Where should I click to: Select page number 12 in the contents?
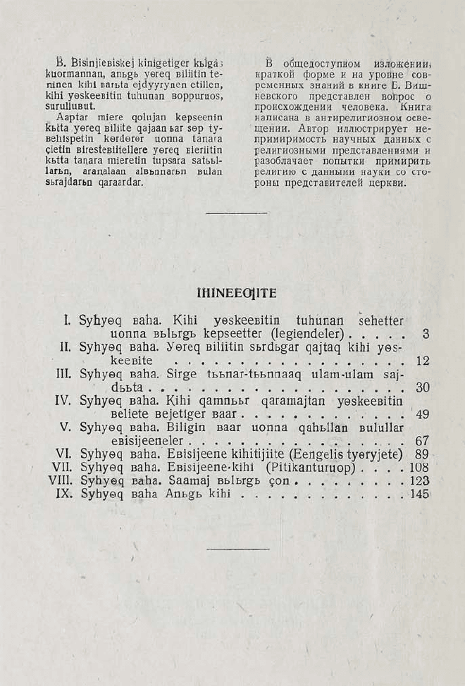pyautogui.click(x=423, y=361)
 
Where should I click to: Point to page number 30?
pyautogui.click(x=423, y=387)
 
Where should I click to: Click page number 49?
pyautogui.click(x=423, y=415)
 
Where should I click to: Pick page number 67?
pyautogui.click(x=423, y=441)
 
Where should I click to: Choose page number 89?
pyautogui.click(x=423, y=454)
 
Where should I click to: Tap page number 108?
pyautogui.click(x=419, y=468)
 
